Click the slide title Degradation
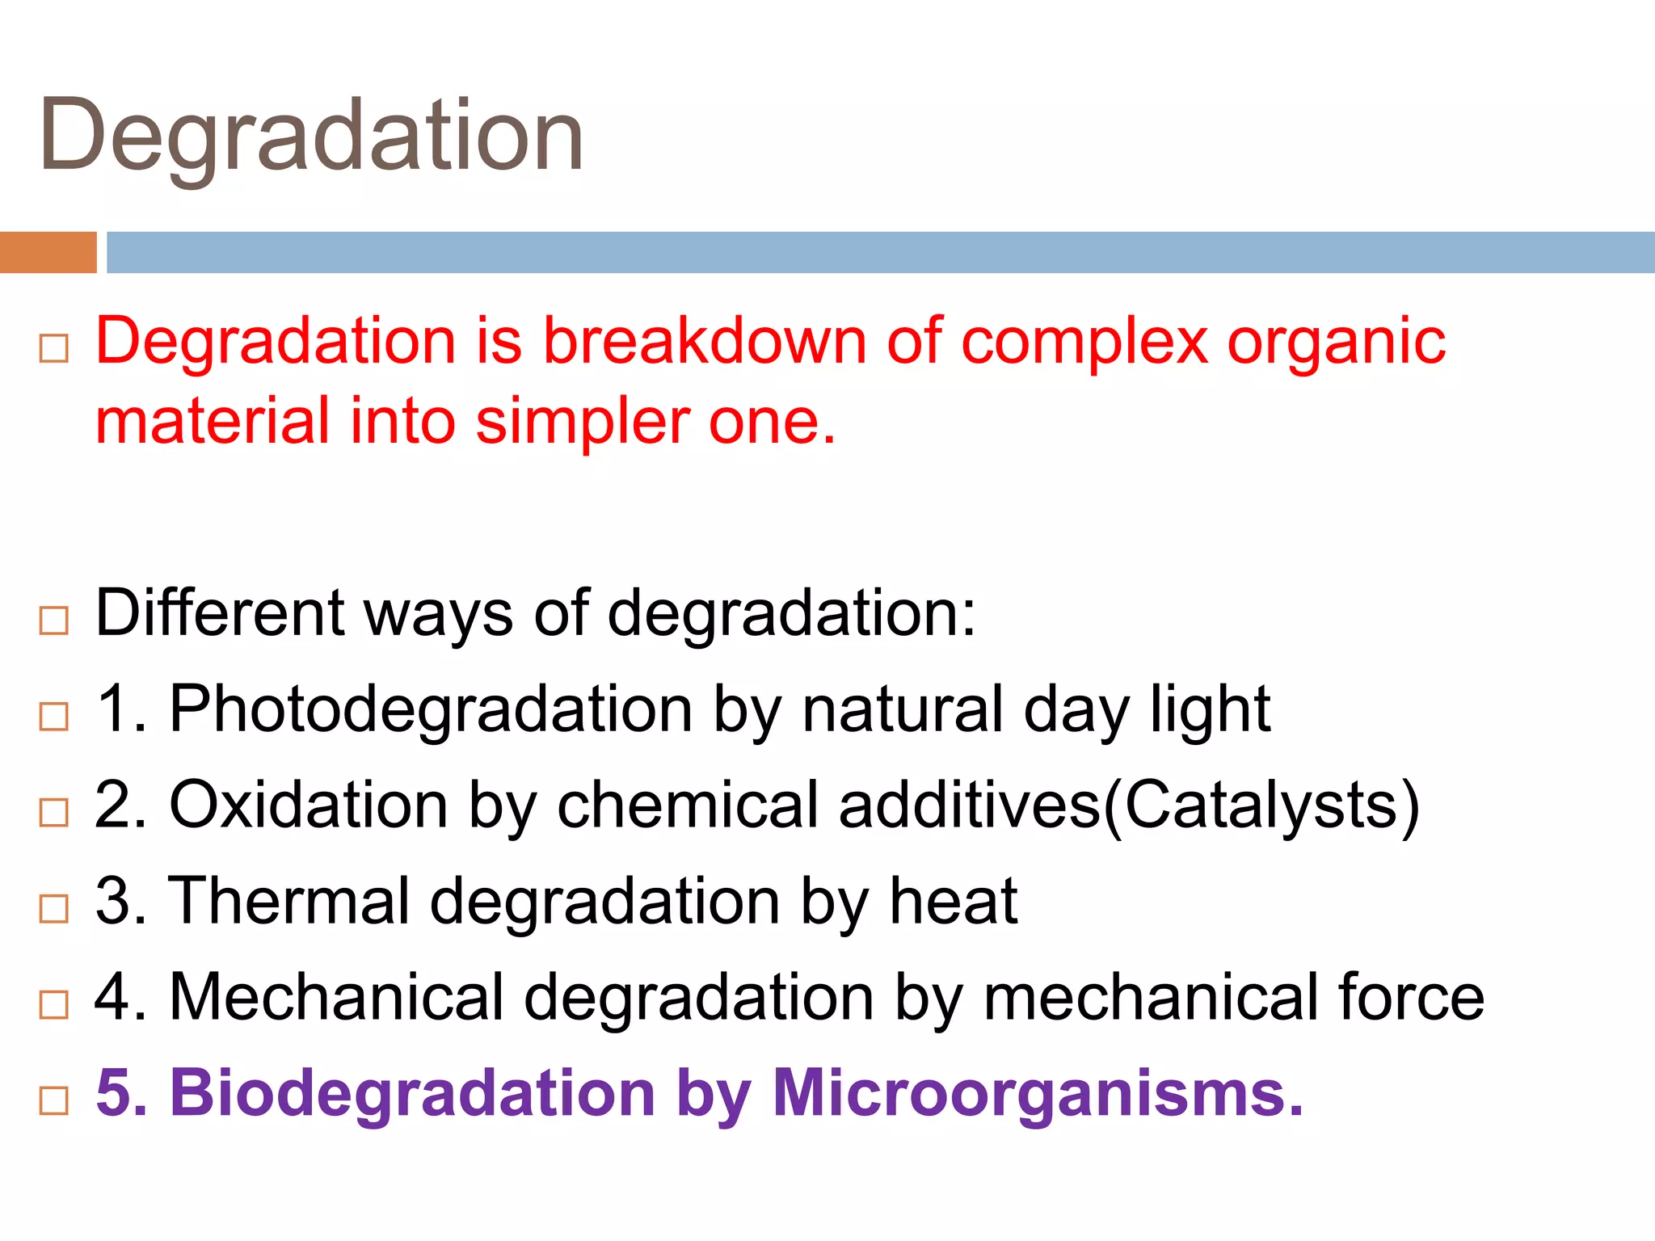pos(311,136)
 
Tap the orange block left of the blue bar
pos(48,252)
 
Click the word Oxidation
pos(308,805)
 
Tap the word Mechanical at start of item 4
pos(336,996)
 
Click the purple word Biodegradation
pos(411,1094)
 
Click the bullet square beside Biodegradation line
pos(54,1100)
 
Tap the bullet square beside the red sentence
pos(54,349)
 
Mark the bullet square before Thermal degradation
pos(54,909)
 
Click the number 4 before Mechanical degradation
pos(112,996)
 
